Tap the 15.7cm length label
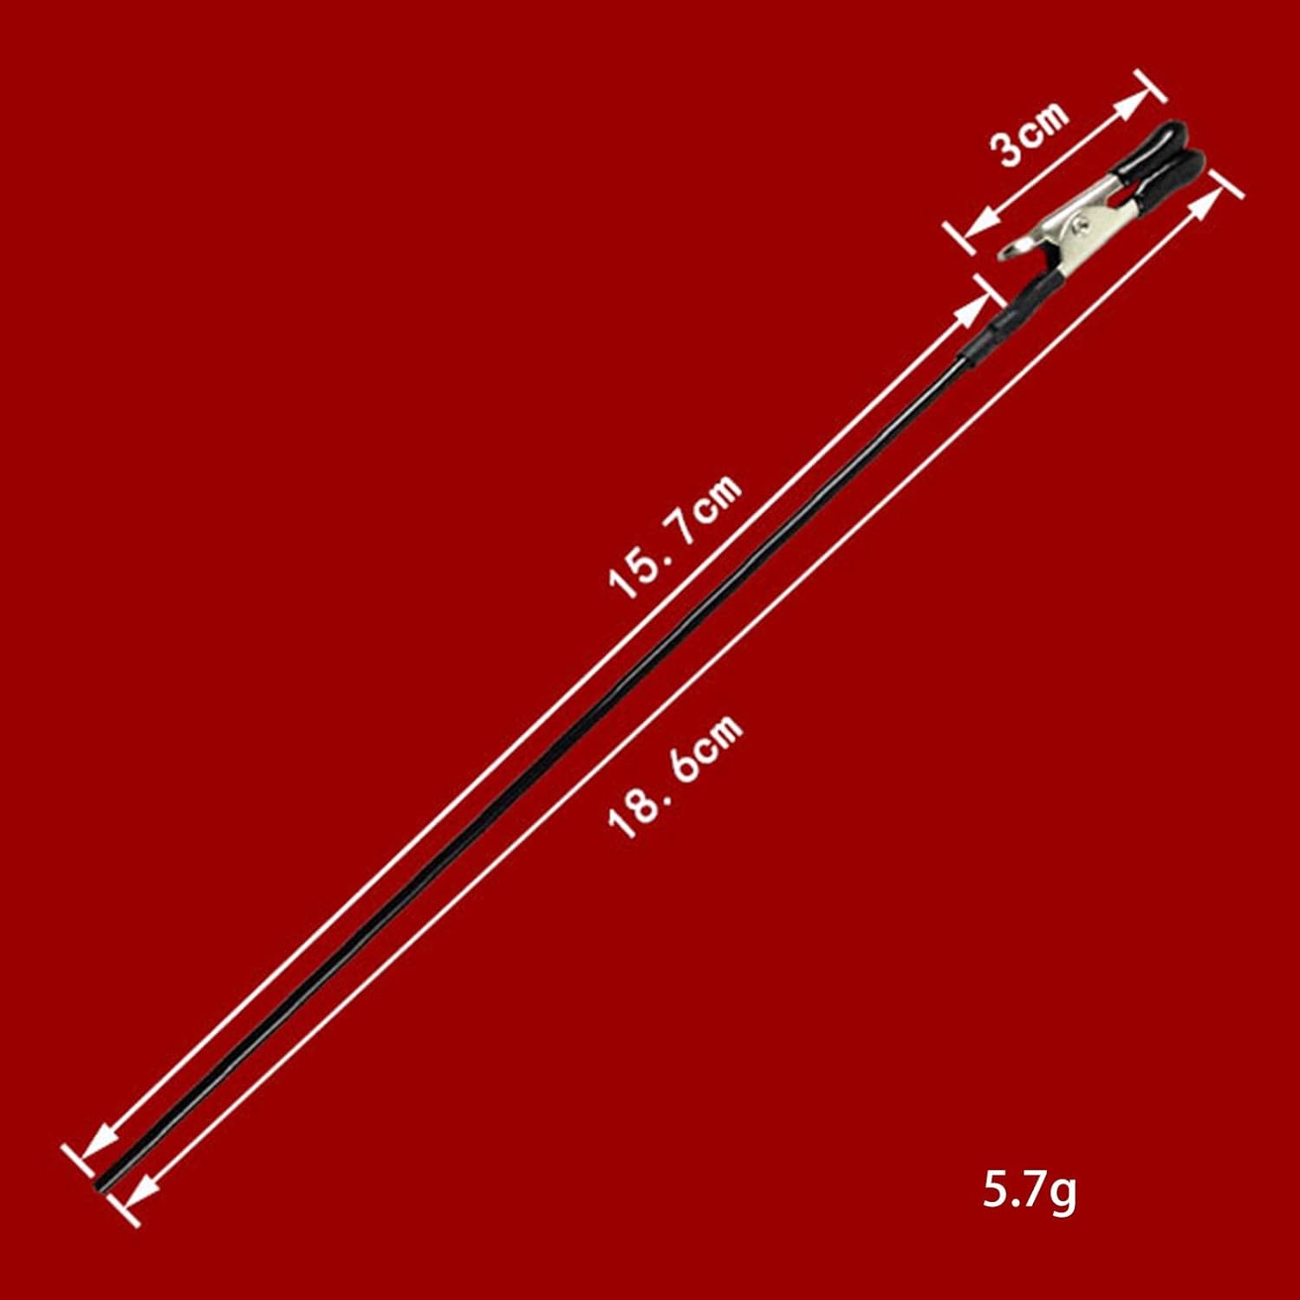[677, 537]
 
